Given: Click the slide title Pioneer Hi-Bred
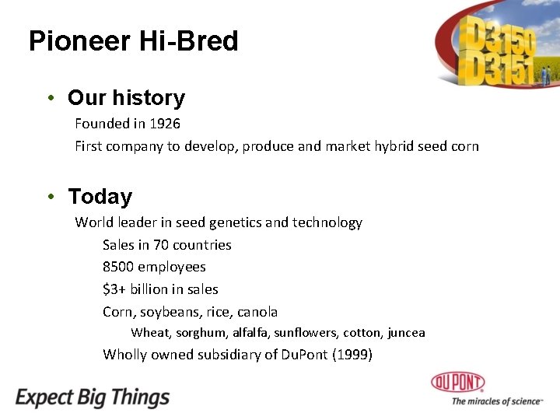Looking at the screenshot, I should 133,41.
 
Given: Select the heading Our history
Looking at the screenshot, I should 126,98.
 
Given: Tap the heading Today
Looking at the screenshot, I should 100,197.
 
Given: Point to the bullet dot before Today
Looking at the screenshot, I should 51,197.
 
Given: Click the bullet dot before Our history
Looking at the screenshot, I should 51,98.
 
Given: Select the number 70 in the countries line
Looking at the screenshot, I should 160,245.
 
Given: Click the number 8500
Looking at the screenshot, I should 118,267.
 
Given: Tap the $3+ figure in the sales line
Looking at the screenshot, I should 114,289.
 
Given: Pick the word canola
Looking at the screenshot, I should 257,312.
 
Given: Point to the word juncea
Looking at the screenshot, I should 406,333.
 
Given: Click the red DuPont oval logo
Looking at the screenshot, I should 458,382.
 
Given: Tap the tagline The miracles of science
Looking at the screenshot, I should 496,401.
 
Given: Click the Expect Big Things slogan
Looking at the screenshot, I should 93,397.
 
